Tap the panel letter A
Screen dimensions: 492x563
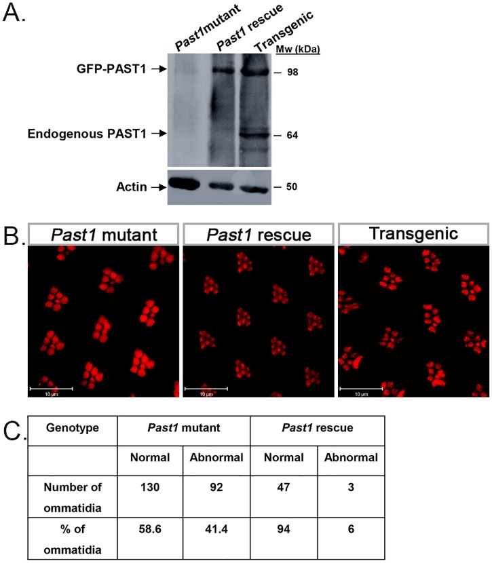pos(15,14)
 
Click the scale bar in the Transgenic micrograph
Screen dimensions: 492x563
pos(360,388)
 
